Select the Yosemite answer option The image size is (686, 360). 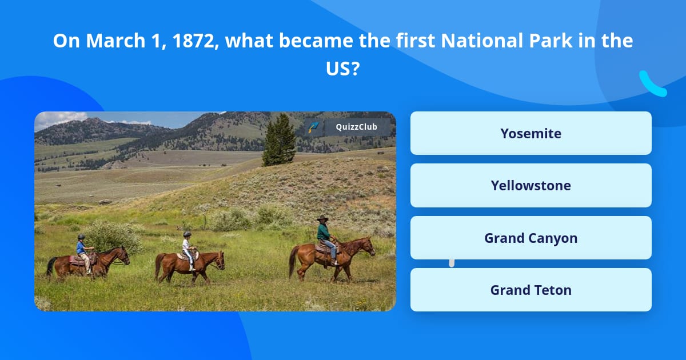[531, 133]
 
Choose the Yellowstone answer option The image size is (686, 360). [531, 186]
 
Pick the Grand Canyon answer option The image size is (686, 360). [531, 238]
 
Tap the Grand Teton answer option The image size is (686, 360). [531, 290]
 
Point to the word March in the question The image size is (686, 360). [115, 41]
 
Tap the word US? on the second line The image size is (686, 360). [342, 69]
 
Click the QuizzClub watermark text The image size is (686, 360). [357, 127]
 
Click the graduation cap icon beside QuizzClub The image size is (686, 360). [314, 127]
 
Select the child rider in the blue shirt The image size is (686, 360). [83, 253]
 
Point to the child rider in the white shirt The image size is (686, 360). [188, 250]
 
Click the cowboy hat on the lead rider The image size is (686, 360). [322, 218]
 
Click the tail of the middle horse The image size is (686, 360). [158, 266]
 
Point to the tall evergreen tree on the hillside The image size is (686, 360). [279, 140]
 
